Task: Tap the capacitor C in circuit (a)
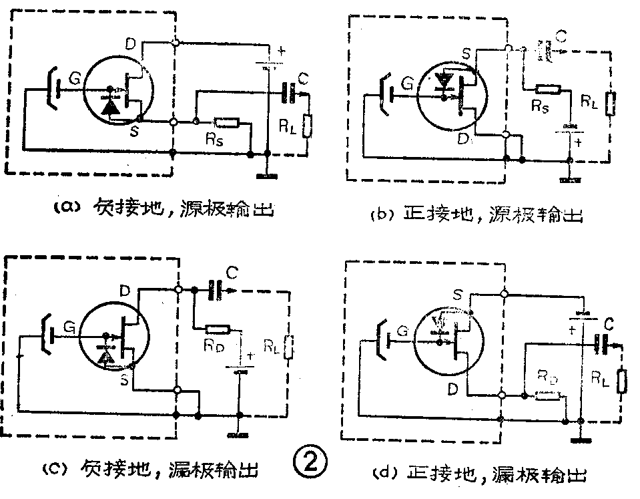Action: coord(289,93)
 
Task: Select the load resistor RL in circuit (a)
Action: coord(308,125)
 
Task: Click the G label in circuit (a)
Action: coord(75,79)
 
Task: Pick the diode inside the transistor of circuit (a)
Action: coord(111,105)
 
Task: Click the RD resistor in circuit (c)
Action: coord(218,329)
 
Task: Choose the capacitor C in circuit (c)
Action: coord(216,289)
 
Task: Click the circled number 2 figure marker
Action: coord(311,463)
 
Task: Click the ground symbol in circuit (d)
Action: coord(581,441)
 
